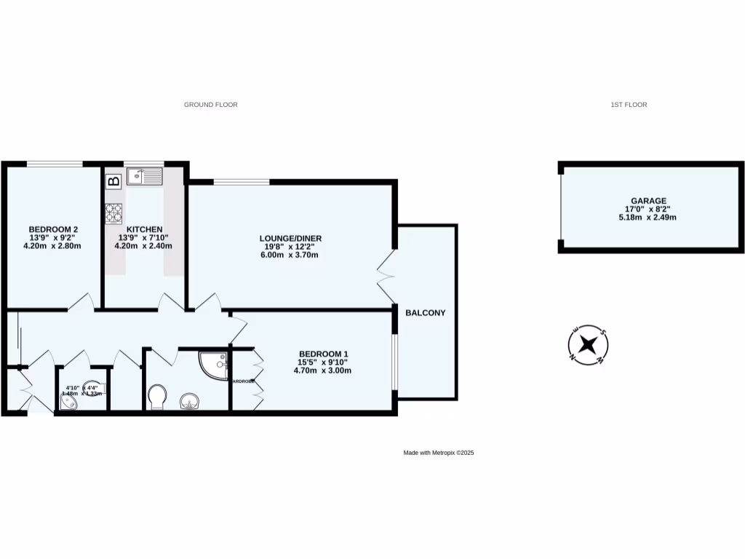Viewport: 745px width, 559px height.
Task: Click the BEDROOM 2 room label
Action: (53, 229)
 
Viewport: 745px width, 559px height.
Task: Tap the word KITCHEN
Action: (143, 229)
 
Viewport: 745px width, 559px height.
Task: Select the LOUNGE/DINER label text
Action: (290, 238)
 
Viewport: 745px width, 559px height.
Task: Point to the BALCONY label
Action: (426, 313)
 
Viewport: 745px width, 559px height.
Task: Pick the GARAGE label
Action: (648, 201)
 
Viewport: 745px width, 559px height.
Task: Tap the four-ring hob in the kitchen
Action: (114, 213)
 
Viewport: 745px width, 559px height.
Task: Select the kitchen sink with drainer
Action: (144, 176)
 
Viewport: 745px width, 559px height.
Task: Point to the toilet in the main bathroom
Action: (156, 397)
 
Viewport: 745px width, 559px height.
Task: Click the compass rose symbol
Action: (588, 344)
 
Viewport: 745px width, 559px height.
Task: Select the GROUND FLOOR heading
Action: (210, 105)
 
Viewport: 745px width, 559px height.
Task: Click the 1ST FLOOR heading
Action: (629, 105)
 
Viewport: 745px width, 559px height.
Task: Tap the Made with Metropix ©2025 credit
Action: (439, 453)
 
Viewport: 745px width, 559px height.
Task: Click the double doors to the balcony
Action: (386, 277)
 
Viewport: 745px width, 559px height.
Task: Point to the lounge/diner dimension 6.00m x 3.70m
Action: (290, 255)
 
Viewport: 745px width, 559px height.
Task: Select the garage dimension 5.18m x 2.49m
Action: (648, 217)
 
